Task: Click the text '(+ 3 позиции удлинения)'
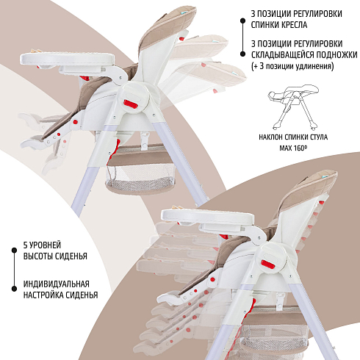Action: coord(292,66)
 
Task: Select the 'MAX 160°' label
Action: coord(293,148)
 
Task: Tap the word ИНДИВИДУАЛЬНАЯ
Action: coord(57,284)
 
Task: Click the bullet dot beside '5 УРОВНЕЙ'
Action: coord(14,250)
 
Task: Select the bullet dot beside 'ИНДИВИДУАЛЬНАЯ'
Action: coord(14,289)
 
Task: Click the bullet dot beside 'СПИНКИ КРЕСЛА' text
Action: coord(242,21)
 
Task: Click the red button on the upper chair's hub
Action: coord(130,104)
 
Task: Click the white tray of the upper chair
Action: coord(68,59)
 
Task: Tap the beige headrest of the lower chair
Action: coord(310,190)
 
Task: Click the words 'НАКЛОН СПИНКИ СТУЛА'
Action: coord(293,137)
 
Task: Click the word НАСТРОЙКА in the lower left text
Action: coord(40,295)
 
